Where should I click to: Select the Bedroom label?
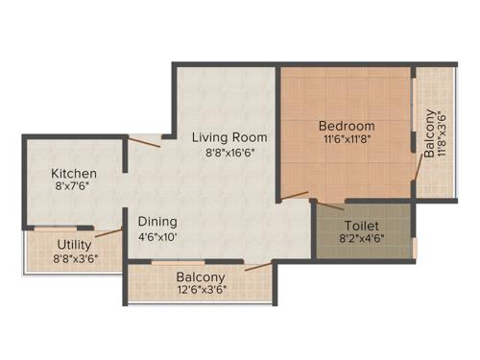click(x=347, y=127)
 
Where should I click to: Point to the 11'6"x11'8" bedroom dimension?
click(x=347, y=141)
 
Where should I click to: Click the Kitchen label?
click(x=74, y=173)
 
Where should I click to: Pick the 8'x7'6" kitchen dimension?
click(x=74, y=188)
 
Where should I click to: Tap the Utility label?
click(x=74, y=244)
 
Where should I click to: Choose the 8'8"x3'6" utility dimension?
click(x=74, y=258)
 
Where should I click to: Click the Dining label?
click(x=156, y=220)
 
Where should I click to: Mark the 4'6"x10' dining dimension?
click(x=156, y=235)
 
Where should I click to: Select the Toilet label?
click(x=364, y=227)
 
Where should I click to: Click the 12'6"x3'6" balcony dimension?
click(x=201, y=293)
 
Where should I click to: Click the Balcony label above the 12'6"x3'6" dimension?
click(x=201, y=278)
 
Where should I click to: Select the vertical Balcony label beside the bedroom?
click(x=429, y=134)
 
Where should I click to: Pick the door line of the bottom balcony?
click(x=256, y=268)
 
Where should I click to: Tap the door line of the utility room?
click(x=108, y=232)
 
